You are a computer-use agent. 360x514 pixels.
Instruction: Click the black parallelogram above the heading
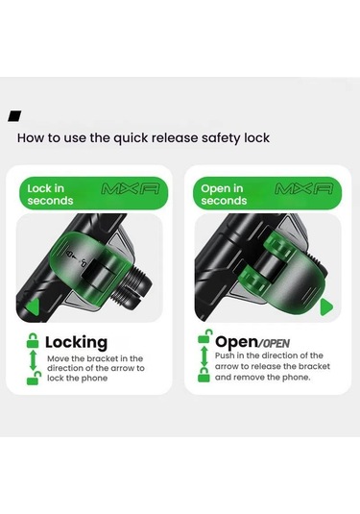14,116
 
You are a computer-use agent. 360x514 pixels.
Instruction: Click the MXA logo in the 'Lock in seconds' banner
131,189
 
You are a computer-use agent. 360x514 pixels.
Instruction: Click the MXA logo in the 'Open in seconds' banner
304,189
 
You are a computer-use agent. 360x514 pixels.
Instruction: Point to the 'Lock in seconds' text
50,194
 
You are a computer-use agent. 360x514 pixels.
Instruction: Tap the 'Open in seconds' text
224,194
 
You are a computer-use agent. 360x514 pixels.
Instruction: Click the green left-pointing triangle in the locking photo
33,307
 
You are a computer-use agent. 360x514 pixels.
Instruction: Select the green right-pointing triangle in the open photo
326,306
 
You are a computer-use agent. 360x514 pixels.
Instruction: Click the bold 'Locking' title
77,343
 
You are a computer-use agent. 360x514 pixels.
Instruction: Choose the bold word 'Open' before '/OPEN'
236,342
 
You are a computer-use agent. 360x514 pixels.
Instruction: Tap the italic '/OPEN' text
274,344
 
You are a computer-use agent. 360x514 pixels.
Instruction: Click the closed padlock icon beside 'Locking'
33,340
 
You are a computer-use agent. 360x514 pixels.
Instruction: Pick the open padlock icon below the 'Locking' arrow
34,379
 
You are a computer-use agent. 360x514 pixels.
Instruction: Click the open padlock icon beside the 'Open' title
204,336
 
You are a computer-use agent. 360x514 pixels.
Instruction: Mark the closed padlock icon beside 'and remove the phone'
204,375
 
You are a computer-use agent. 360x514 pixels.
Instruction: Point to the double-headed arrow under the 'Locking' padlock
33,360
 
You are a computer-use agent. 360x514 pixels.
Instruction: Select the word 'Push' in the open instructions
225,355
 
